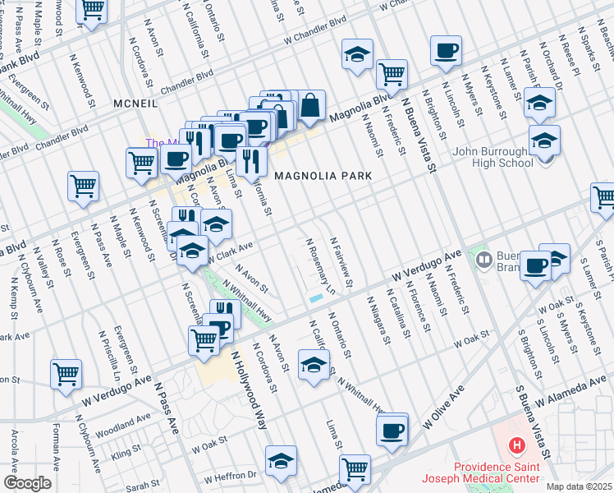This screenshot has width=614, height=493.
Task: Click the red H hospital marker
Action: [x=516, y=446]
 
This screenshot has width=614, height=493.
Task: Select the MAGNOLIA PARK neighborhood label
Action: [x=323, y=176]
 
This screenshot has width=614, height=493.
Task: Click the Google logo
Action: [x=27, y=483]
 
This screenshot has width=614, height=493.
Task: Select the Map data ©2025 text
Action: [x=579, y=486]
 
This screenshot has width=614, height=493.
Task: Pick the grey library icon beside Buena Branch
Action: [x=483, y=260]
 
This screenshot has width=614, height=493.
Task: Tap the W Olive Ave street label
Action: [x=444, y=407]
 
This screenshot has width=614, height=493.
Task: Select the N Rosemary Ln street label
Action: [x=321, y=266]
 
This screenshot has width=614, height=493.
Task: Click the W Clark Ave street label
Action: [x=229, y=252]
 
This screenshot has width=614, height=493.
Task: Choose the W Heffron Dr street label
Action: [x=231, y=476]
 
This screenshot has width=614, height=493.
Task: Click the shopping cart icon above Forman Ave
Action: [x=66, y=374]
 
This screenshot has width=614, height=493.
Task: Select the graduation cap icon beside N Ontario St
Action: [x=313, y=365]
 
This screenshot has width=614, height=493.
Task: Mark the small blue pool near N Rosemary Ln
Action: [x=316, y=298]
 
